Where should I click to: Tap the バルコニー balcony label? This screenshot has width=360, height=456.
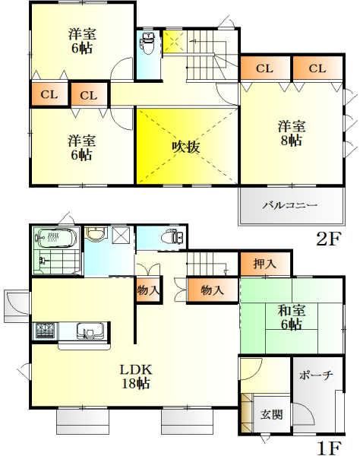pos(289,205)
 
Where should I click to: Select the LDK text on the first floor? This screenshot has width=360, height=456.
pos(137,369)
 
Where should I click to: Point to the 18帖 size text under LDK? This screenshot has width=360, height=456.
pos(137,384)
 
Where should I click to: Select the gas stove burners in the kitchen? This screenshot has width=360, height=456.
pos(44,331)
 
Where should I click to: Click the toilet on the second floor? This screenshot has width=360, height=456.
pos(147,45)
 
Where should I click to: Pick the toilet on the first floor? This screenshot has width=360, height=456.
pos(173,237)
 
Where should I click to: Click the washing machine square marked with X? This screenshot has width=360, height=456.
pos(121,236)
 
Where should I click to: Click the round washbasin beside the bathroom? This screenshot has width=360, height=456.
pos(95,235)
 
